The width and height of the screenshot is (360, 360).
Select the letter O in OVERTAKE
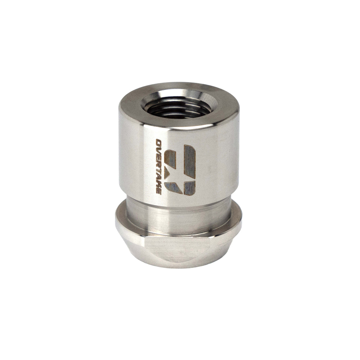point(159,142)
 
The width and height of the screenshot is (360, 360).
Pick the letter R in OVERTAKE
point(159,164)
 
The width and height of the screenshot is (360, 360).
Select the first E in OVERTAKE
point(159,157)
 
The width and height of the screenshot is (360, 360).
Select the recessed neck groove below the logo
point(180,210)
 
